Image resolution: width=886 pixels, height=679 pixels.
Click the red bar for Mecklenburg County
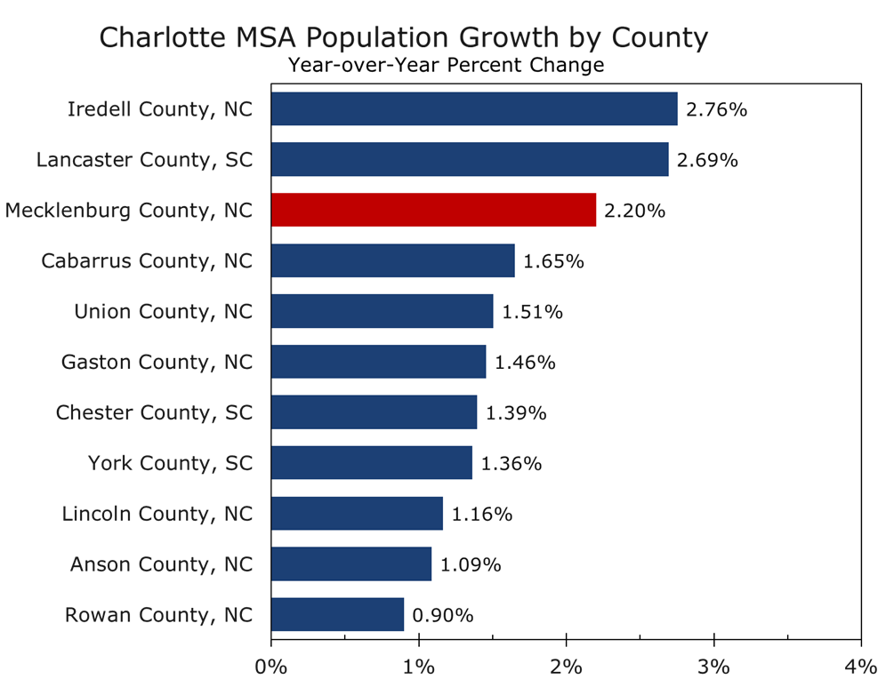coord(433,211)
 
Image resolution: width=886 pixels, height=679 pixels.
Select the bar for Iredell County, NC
coord(474,109)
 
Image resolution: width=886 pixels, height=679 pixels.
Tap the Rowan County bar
coord(337,614)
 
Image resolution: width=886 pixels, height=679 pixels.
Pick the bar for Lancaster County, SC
coord(470,160)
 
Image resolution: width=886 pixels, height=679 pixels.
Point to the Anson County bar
coord(351,563)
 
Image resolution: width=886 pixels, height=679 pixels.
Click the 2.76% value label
coord(716,110)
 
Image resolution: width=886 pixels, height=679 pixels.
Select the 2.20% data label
coord(634,211)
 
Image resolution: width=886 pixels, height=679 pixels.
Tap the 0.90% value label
coord(442,615)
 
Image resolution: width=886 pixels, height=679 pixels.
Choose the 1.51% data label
coord(532,312)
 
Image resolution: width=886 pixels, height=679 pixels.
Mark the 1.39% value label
coord(516,413)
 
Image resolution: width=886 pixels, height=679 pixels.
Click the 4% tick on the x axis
coord(860,666)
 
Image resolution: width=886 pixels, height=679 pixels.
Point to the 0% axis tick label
coord(270,666)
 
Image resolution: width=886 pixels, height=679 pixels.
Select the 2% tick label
coord(566,666)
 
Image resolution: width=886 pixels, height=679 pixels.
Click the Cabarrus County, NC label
coord(148,261)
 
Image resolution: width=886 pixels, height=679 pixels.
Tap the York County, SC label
coord(171,463)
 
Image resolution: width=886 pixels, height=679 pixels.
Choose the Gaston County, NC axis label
coord(157,363)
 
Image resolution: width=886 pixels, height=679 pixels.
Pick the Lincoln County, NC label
coord(157,514)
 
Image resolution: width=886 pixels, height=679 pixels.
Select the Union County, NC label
coord(164,312)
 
